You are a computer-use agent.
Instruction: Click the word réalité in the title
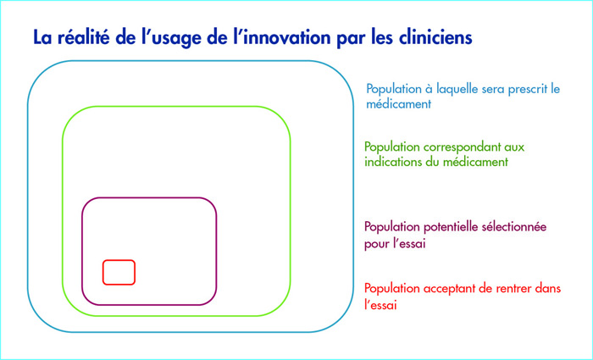point(84,38)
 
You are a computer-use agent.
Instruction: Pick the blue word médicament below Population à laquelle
point(399,103)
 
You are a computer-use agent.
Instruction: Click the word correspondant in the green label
point(456,147)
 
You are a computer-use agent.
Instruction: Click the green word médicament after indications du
point(476,162)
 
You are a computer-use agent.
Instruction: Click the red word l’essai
point(381,305)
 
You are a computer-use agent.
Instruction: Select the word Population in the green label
point(389,147)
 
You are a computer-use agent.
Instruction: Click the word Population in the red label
point(392,289)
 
